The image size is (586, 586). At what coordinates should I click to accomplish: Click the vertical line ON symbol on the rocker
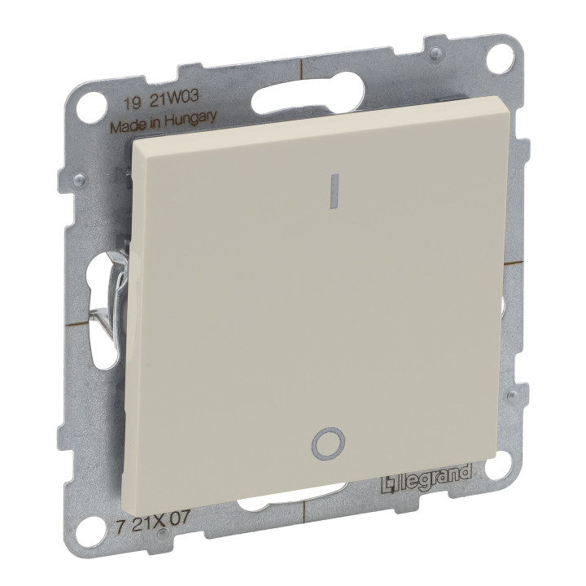click(335, 190)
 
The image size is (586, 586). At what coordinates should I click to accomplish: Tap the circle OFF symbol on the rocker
click(328, 443)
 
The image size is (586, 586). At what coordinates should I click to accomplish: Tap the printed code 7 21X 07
click(151, 518)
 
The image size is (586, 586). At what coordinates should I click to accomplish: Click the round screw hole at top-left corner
click(90, 102)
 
